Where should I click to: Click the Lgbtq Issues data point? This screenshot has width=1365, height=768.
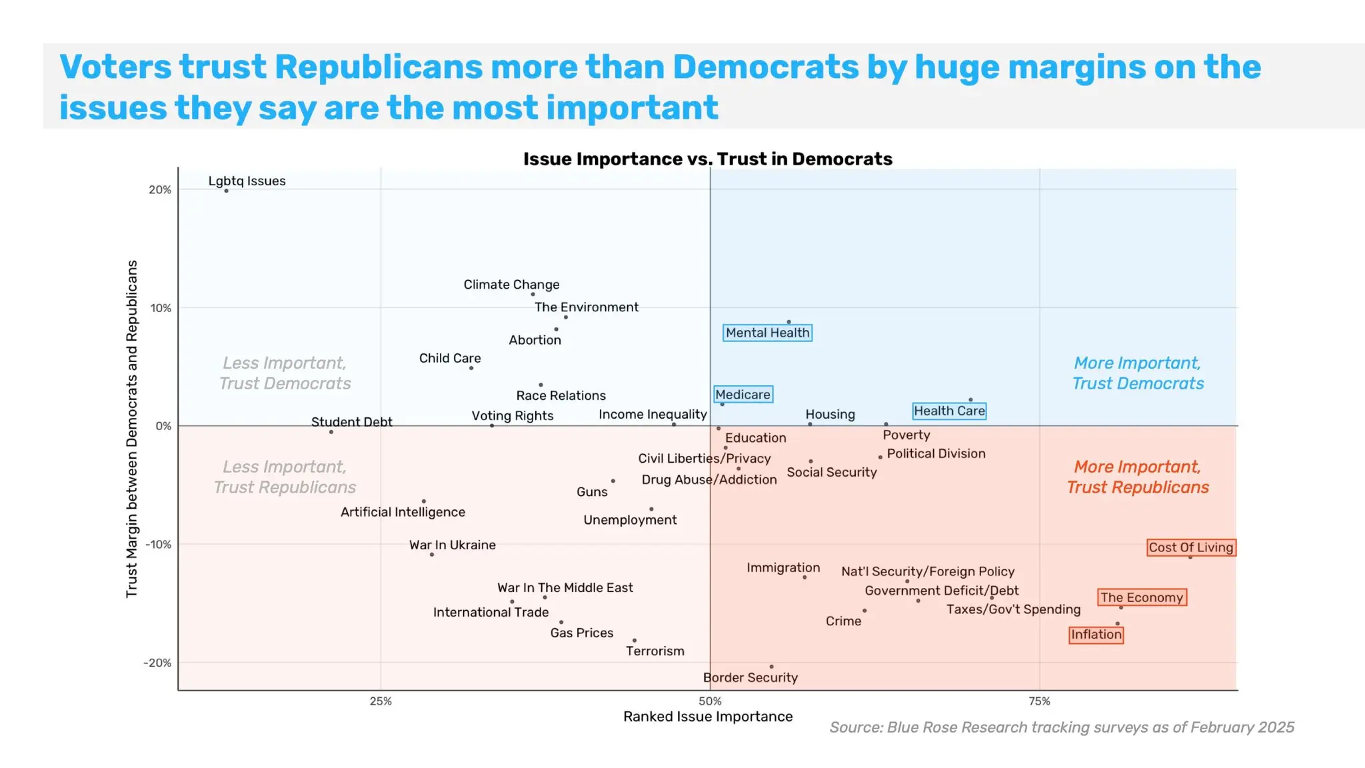227,191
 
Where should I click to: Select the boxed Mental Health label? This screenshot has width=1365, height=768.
768,333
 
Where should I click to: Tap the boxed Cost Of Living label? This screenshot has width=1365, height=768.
1191,547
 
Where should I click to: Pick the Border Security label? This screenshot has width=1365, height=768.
750,677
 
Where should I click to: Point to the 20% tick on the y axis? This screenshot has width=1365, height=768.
160,190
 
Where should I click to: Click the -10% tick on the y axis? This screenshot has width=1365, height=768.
159,545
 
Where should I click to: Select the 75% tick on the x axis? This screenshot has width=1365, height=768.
1039,701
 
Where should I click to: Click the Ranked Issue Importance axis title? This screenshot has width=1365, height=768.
708,717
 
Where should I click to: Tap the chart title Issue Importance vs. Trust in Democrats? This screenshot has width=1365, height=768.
707,159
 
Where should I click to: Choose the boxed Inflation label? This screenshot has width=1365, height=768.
1096,635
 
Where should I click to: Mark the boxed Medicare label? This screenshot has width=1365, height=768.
743,395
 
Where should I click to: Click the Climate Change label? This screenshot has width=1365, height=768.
511,285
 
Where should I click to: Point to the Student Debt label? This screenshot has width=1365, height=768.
351,422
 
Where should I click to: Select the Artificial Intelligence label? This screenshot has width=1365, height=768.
403,512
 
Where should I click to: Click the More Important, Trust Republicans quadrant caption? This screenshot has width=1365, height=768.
1138,477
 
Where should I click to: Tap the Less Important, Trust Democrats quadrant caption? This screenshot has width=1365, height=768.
285,373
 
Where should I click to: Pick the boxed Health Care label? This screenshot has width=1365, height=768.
949,411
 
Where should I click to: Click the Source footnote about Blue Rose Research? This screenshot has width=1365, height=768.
1061,727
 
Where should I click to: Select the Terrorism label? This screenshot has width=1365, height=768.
655,651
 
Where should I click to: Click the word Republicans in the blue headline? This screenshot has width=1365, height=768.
379,67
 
